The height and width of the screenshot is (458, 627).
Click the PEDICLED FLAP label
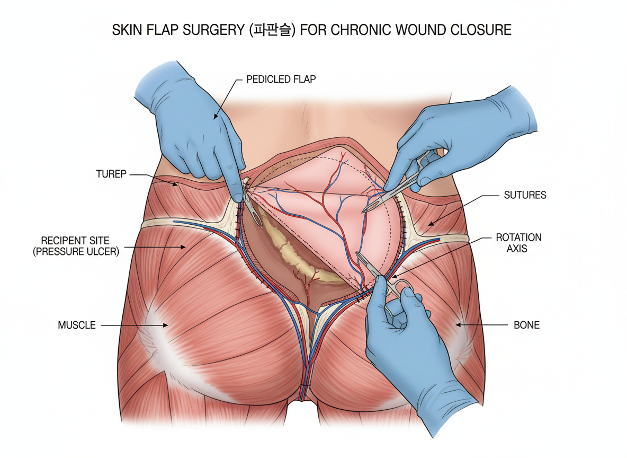click(281, 80)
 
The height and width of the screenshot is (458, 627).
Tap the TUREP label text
click(111, 174)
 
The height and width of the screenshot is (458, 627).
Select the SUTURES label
click(524, 195)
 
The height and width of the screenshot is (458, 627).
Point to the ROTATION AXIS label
click(518, 243)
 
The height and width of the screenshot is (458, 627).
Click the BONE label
click(526, 324)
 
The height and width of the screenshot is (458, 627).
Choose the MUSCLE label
click(77, 325)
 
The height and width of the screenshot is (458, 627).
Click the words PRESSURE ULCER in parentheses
click(76, 252)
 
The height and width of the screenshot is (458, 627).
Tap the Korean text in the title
click(272, 30)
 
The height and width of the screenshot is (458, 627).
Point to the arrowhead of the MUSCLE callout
click(167, 325)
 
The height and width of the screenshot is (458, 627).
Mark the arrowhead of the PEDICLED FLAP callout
click(214, 118)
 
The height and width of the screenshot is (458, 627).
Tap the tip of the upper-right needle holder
click(364, 212)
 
